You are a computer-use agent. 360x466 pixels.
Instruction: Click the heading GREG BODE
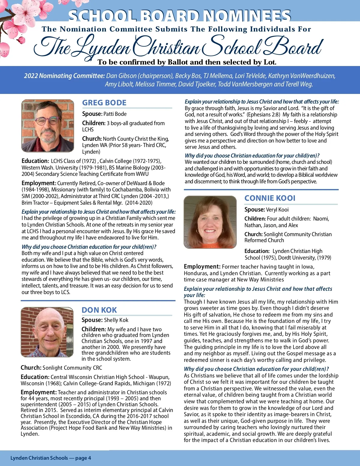[104, 103]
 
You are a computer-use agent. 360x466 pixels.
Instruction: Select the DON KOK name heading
[99, 310]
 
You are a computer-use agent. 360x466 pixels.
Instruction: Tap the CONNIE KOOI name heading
[270, 198]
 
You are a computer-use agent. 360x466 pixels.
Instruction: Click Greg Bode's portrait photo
[48, 126]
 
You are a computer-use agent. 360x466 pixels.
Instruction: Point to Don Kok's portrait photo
[47, 332]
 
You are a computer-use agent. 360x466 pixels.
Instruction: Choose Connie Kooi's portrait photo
[210, 222]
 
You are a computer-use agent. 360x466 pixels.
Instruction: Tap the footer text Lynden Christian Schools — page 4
[51, 458]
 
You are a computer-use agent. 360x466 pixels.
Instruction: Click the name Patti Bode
[115, 114]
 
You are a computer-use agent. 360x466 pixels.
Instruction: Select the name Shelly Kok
[116, 320]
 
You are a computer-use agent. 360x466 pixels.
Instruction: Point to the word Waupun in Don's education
[159, 377]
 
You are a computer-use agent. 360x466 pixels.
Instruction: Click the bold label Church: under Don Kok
[31, 368]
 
